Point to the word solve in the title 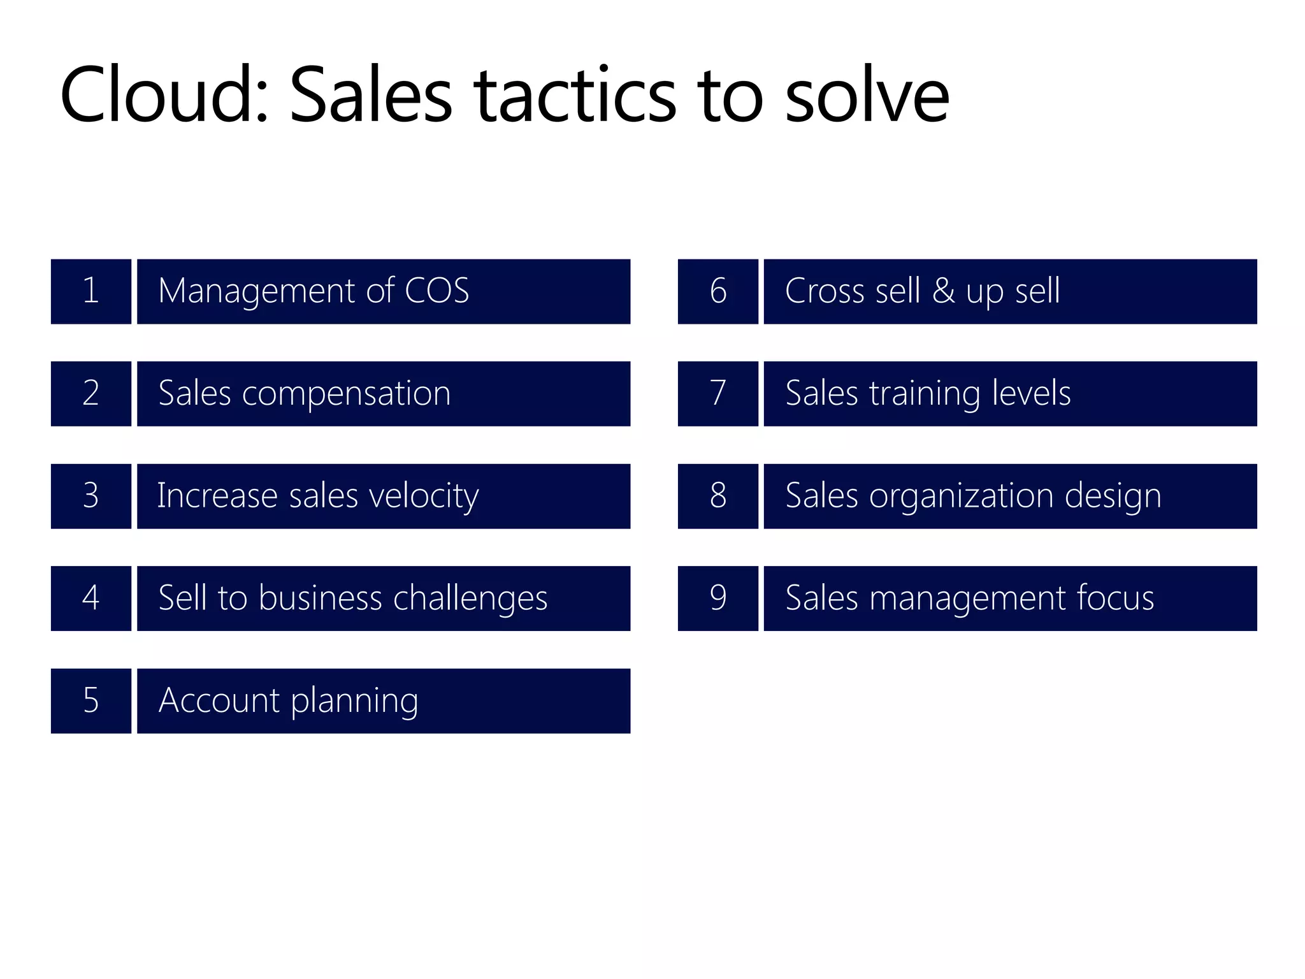pos(867,96)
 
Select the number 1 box pos(91,291)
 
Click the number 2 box pos(91,393)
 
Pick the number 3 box pos(91,496)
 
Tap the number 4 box pos(91,598)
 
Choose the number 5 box pos(91,700)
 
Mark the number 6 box pos(718,291)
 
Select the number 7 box pos(718,393)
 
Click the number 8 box pos(718,496)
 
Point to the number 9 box pos(718,598)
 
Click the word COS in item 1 pos(437,291)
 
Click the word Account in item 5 pos(219,700)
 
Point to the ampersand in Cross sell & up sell pos(944,291)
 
